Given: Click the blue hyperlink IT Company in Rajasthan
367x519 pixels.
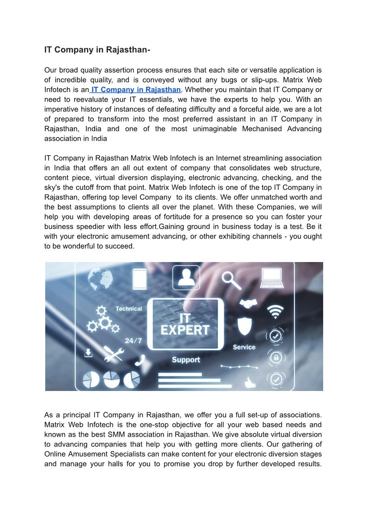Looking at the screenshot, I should [136, 90].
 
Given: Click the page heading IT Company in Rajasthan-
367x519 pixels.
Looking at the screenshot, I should [97, 49].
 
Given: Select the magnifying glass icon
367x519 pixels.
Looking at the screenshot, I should [230, 280].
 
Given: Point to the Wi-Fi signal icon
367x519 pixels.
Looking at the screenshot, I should [276, 312].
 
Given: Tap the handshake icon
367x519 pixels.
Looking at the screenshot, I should [248, 304].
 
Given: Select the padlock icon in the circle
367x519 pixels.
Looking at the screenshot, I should [276, 357].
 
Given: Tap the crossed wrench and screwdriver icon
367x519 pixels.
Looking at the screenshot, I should [113, 354].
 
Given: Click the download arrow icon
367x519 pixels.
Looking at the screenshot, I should [88, 353].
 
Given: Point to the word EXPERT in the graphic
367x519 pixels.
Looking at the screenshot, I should [185, 330].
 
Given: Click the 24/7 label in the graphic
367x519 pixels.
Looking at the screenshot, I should [133, 341].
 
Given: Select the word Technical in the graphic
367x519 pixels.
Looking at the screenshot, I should [128, 309].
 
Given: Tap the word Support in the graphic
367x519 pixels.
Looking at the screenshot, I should [186, 360].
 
